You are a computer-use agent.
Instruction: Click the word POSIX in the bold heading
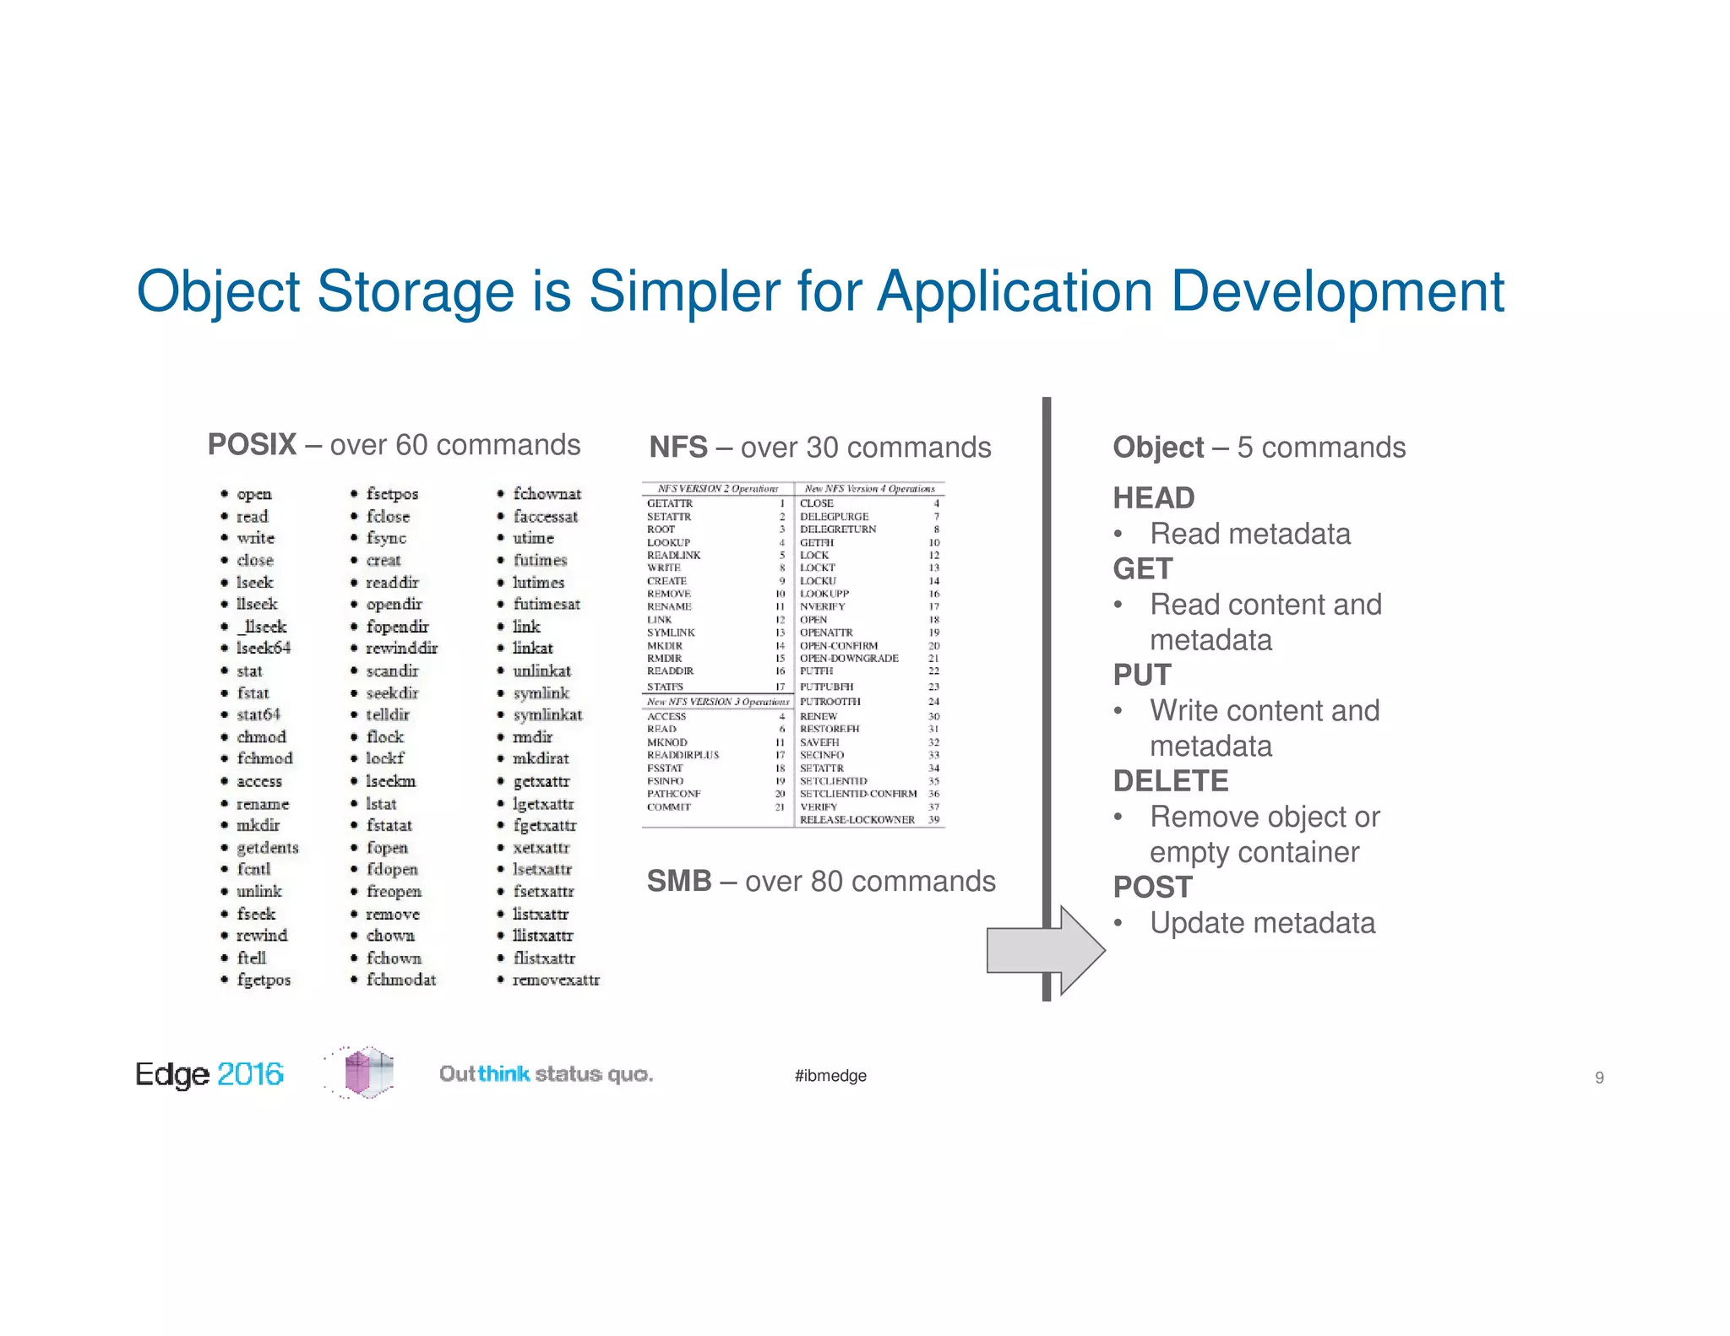pos(252,444)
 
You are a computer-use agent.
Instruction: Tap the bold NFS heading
pos(677,447)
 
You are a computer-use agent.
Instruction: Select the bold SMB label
pos(679,881)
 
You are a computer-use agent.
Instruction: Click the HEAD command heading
pos(1153,497)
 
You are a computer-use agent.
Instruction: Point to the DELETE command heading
pos(1170,780)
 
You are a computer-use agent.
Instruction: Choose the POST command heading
pos(1152,887)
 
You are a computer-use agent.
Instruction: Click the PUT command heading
pos(1142,675)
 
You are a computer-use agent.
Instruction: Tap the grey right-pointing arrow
pos(1045,950)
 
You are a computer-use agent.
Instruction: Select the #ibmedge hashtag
pos(830,1075)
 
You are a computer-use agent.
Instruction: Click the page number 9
pos(1599,1077)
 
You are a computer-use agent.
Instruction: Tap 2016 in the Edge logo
pos(250,1073)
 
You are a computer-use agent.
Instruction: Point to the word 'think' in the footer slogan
pos(503,1073)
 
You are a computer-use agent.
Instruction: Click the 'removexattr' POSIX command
pos(556,980)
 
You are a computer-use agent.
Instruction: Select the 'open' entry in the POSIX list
pos(253,494)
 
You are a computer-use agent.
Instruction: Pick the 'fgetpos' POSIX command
pos(264,980)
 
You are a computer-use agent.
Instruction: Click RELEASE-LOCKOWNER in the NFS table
pos(857,819)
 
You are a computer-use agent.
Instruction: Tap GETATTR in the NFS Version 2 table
pos(670,503)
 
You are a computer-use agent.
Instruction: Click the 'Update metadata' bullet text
pos(1262,922)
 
